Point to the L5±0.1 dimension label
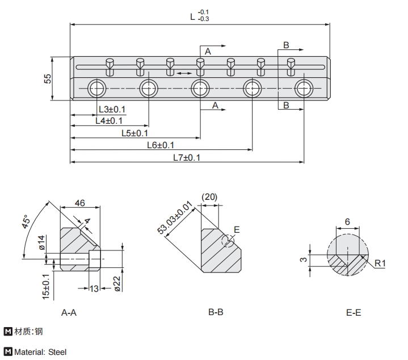(135, 133)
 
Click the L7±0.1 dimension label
(187, 157)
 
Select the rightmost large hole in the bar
(304, 88)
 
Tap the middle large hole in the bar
(200, 88)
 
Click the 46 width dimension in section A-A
(79, 203)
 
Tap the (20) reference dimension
(209, 196)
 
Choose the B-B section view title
(216, 312)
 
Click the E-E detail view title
(353, 312)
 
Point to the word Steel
(57, 352)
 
